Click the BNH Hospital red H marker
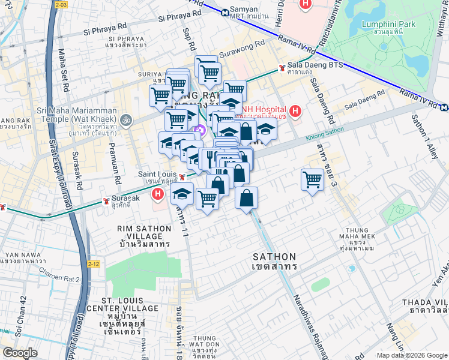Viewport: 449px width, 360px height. tap(295, 111)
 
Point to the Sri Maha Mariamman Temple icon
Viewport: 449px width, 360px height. tap(126, 119)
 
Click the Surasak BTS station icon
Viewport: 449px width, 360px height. tap(106, 199)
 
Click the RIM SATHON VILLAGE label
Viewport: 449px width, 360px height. tap(137, 235)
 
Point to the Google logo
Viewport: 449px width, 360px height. tap(20, 353)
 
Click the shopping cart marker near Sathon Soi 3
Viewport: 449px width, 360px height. tap(313, 179)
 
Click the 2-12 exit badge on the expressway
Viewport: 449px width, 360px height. tap(93, 263)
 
